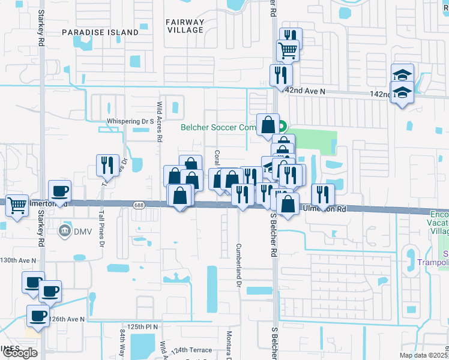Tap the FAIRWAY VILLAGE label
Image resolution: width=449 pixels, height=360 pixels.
pyautogui.click(x=185, y=27)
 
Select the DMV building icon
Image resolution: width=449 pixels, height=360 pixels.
pyautogui.click(x=64, y=230)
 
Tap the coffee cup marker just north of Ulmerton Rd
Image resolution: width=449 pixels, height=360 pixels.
pyautogui.click(x=59, y=191)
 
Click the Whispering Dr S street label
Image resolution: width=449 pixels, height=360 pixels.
pyautogui.click(x=127, y=121)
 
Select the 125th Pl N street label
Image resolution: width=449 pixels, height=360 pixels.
pyautogui.click(x=138, y=326)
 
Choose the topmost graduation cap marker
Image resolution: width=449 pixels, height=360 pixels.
pyautogui.click(x=402, y=75)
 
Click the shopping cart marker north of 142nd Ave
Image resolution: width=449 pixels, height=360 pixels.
pyautogui.click(x=288, y=51)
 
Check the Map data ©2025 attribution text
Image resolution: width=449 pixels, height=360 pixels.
pyautogui.click(x=424, y=355)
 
